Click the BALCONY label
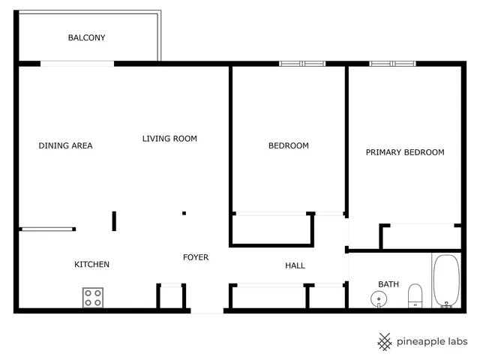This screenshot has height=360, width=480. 86,37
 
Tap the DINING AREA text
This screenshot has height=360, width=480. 65,145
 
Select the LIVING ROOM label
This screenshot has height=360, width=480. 169,138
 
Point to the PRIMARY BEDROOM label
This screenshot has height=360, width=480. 404,152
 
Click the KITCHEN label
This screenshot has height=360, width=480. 91,264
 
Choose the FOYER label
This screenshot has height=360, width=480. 196,257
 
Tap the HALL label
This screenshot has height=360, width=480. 295,265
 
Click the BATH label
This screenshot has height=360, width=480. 388,284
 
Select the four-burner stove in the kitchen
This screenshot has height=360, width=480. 93,297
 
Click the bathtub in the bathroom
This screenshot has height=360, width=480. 446,281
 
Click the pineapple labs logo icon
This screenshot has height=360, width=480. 385,341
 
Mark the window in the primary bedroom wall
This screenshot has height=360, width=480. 392,64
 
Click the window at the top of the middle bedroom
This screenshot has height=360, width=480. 301,64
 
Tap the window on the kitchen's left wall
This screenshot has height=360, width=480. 47,229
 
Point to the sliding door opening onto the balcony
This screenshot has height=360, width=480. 77,64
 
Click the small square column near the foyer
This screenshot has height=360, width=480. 184,213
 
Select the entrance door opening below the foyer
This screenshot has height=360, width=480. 207,310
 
